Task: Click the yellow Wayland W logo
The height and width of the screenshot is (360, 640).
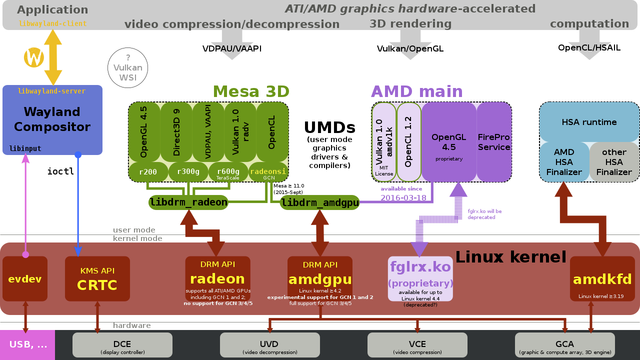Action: [x=34, y=57]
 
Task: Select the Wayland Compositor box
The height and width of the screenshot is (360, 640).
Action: [x=52, y=120]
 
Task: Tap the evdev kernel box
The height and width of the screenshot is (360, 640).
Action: [x=25, y=279]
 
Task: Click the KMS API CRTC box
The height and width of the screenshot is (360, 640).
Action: [x=97, y=279]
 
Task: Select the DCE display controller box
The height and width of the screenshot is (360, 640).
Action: [x=122, y=345]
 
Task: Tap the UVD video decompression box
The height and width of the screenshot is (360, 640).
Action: [x=269, y=345]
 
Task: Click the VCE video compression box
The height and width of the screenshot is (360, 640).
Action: [x=417, y=345]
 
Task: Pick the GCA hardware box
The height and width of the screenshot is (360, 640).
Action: [x=564, y=345]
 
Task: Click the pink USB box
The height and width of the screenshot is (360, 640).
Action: [x=27, y=344]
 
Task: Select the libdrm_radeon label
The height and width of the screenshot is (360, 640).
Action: [x=188, y=202]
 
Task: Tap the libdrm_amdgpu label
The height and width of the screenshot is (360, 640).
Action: [x=320, y=202]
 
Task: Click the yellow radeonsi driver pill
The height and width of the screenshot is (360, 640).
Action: [x=268, y=172]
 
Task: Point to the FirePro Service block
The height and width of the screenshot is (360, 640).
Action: [x=493, y=142]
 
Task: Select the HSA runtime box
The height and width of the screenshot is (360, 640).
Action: [x=589, y=122]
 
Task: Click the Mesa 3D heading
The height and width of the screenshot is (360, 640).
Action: [x=251, y=91]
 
